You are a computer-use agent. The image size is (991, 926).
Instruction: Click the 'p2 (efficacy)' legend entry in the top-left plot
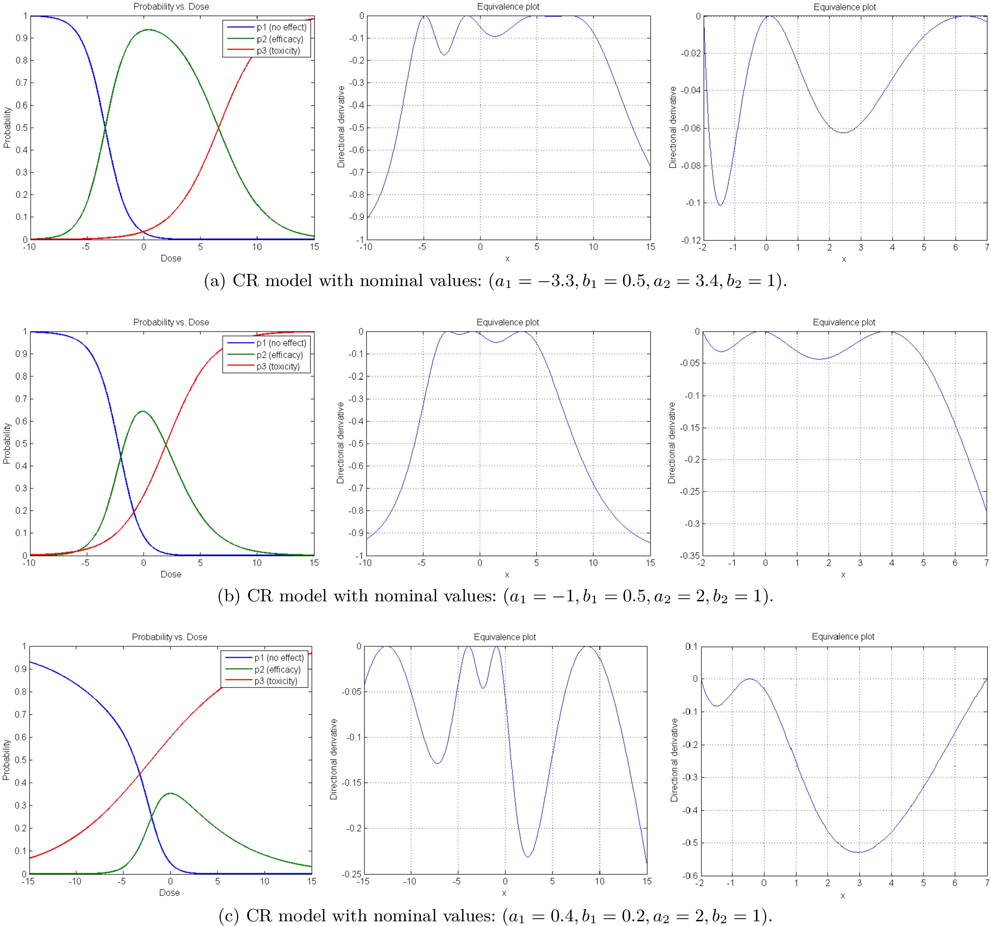(280, 39)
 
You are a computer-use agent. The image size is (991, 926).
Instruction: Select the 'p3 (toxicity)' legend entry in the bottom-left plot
(276, 681)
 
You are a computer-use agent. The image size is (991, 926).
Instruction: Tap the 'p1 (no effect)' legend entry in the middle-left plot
(281, 343)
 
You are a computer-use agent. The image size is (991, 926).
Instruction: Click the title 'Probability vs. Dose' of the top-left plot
(171, 7)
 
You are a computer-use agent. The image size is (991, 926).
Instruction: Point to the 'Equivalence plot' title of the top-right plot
(844, 7)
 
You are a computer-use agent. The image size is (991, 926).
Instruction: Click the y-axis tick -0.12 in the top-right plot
(691, 240)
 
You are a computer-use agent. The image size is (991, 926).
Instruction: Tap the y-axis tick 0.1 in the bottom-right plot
(692, 647)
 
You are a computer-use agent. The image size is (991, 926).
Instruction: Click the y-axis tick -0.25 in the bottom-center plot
(351, 874)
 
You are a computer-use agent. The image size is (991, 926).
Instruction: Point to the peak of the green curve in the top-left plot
(148, 30)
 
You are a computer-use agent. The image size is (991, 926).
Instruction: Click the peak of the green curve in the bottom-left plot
(170, 793)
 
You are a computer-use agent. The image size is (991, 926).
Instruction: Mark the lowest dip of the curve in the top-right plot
(720, 205)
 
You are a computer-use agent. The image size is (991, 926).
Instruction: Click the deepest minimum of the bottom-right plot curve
(859, 852)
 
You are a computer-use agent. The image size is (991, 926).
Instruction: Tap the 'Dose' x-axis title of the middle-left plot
(171, 574)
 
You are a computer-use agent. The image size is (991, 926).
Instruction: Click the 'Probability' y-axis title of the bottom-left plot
(7, 760)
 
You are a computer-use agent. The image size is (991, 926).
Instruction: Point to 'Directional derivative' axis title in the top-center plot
(341, 127)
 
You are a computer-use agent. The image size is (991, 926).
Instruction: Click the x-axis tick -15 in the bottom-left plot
(28, 881)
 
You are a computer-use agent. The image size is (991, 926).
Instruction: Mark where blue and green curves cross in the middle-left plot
(121, 455)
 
